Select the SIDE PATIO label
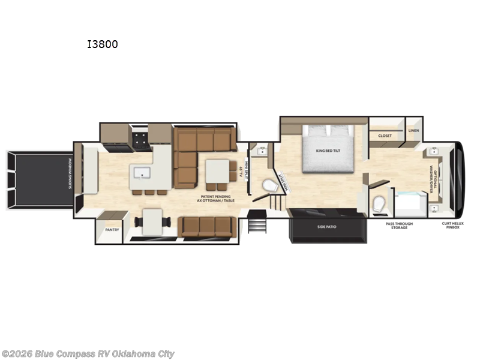pyautogui.click(x=327, y=227)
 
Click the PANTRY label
pyautogui.click(x=112, y=229)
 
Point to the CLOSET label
pyautogui.click(x=385, y=136)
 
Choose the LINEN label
pyautogui.click(x=413, y=130)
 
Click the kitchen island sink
pyautogui.click(x=143, y=173)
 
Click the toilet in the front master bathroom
pyautogui.click(x=379, y=205)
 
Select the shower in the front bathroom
pyautogui.click(x=410, y=203)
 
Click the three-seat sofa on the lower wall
pyautogui.click(x=206, y=226)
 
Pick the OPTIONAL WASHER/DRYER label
pyautogui.click(x=434, y=178)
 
